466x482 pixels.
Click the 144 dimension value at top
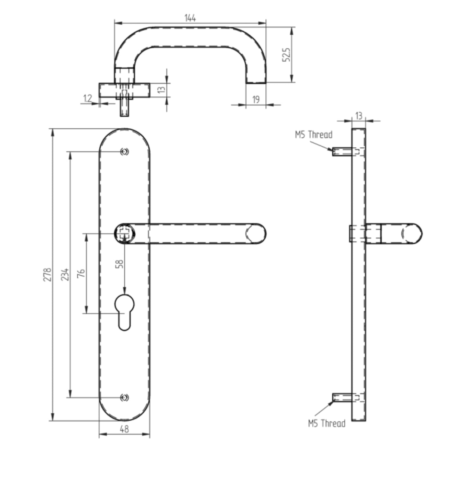pyautogui.click(x=190, y=18)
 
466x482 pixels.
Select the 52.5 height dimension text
pyautogui.click(x=287, y=55)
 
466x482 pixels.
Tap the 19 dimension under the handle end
pyautogui.click(x=256, y=100)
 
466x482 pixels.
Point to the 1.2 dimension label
pyautogui.click(x=88, y=99)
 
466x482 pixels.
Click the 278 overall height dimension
pyautogui.click(x=47, y=275)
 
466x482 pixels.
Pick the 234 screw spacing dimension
pyautogui.click(x=65, y=275)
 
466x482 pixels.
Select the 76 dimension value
pyautogui.click(x=81, y=274)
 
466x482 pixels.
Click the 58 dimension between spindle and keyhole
pyautogui.click(x=120, y=263)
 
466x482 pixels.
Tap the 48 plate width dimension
pyautogui.click(x=124, y=429)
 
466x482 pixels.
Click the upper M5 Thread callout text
pyautogui.click(x=313, y=135)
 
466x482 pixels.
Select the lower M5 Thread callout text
pyautogui.click(x=326, y=423)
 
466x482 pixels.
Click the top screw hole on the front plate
pyautogui.click(x=124, y=151)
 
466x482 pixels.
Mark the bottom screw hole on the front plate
pyautogui.click(x=124, y=398)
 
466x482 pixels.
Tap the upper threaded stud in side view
pyautogui.click(x=342, y=151)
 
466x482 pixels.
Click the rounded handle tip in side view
pyautogui.click(x=412, y=233)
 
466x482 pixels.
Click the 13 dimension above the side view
pyautogui.click(x=359, y=116)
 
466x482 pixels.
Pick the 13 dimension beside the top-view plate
pyautogui.click(x=161, y=90)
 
